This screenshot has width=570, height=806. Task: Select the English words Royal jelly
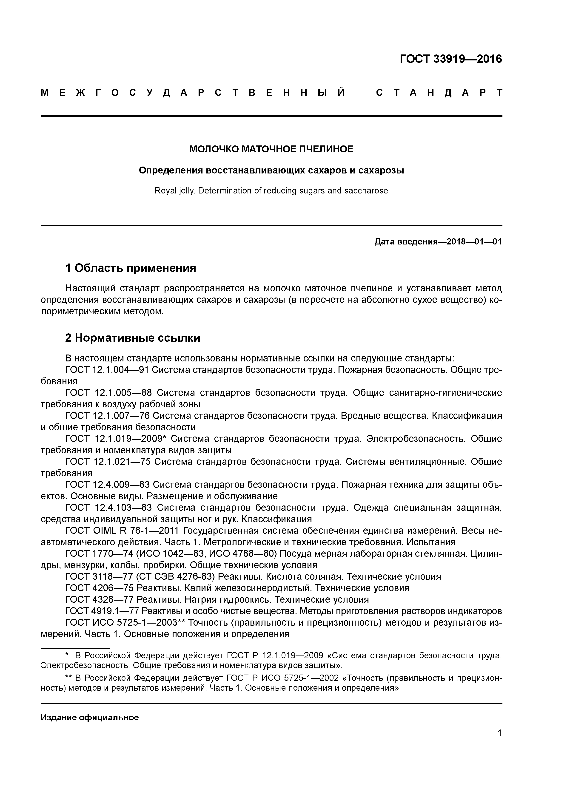click(174, 191)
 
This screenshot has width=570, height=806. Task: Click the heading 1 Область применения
click(131, 268)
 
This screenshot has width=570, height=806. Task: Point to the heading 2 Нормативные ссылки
click(133, 338)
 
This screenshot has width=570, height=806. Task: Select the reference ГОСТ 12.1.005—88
click(108, 393)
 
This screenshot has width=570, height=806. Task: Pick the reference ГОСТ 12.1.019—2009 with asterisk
click(116, 439)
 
